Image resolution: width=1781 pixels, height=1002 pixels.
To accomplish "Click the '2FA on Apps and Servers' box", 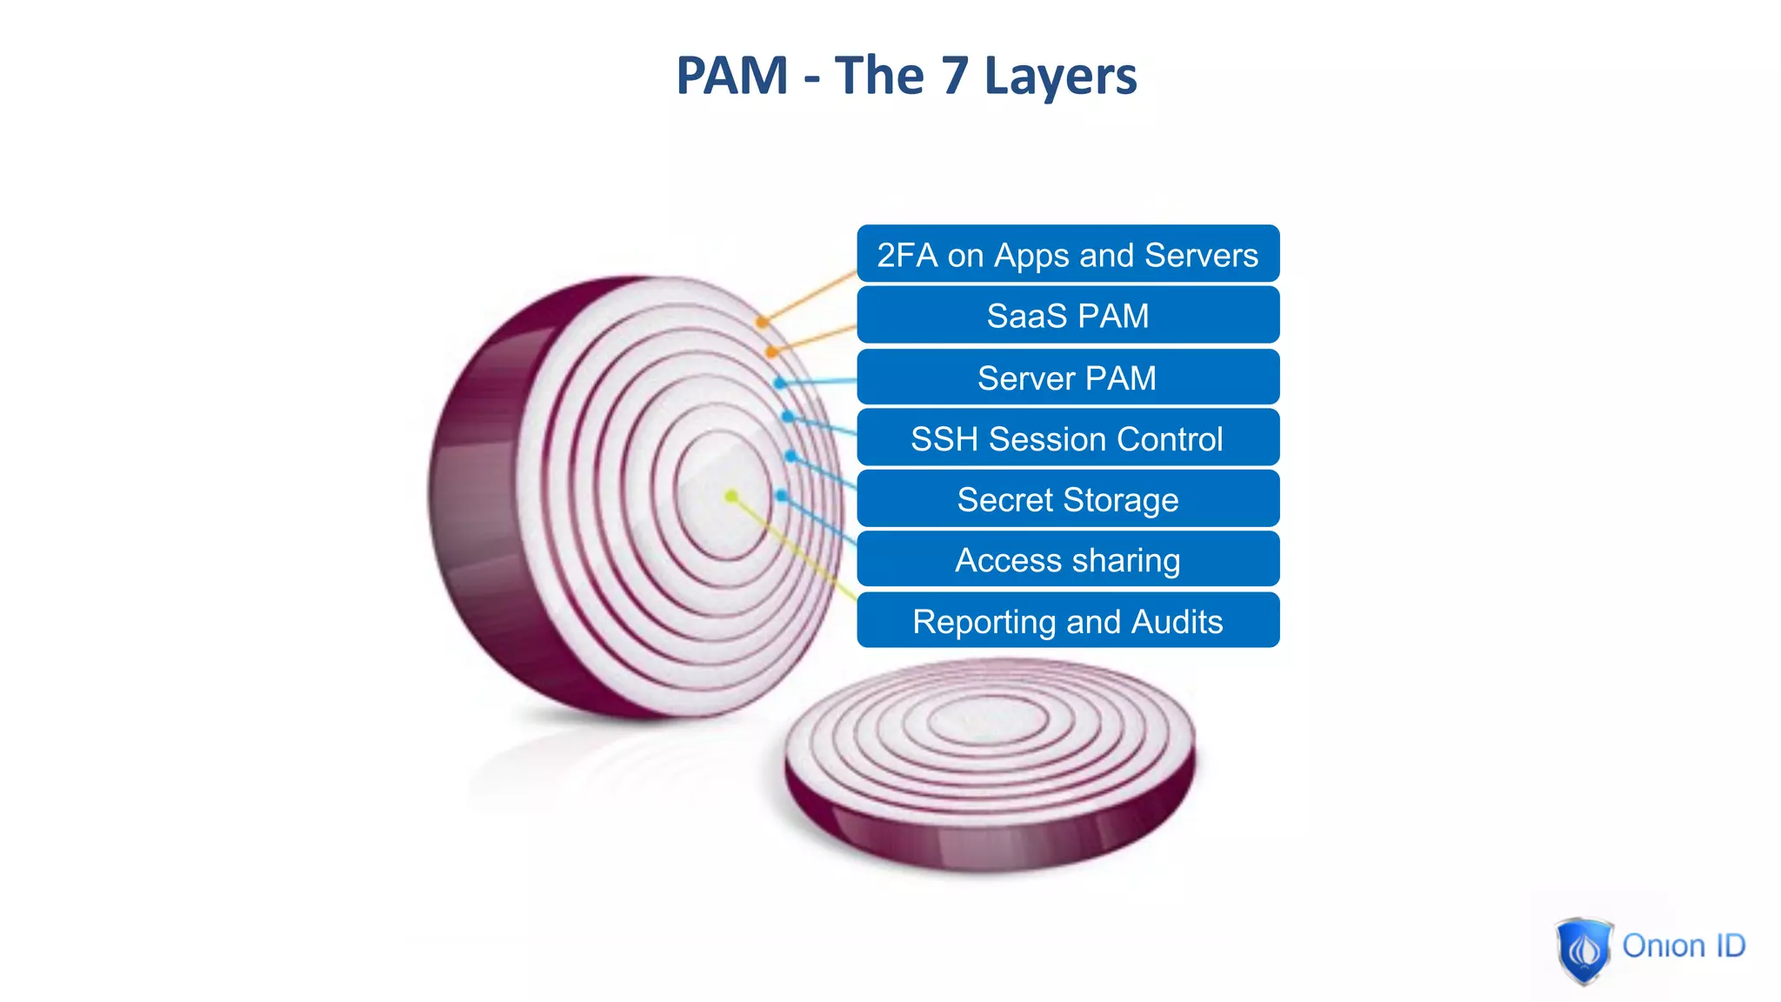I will tap(1068, 254).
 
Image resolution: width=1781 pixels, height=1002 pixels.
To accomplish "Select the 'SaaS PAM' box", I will tap(1068, 315).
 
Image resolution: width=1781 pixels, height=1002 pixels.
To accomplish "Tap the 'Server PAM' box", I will tap(1068, 377).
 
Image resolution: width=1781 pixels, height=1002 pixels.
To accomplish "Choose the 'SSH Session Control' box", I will tap(1068, 438).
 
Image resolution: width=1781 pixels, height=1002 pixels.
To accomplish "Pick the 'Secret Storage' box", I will tap(1068, 499).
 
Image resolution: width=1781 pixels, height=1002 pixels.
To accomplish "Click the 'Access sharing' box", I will tap(1068, 560).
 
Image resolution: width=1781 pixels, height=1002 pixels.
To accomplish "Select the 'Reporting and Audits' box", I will tap(1068, 621).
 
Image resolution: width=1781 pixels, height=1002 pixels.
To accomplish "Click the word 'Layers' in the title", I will tap(1060, 76).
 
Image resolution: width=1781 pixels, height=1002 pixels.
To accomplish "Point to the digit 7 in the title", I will tap(954, 76).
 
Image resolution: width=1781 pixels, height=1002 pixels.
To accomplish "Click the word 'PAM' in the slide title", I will tap(732, 76).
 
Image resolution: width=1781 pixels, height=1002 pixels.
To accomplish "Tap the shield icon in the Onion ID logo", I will tap(1584, 950).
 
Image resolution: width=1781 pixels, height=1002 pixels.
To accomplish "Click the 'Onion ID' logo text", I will tap(1684, 945).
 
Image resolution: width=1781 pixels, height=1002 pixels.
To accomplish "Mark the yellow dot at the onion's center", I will tap(731, 496).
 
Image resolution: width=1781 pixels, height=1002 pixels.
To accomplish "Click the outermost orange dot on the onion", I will tap(762, 322).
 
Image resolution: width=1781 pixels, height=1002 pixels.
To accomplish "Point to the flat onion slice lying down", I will tap(990, 765).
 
